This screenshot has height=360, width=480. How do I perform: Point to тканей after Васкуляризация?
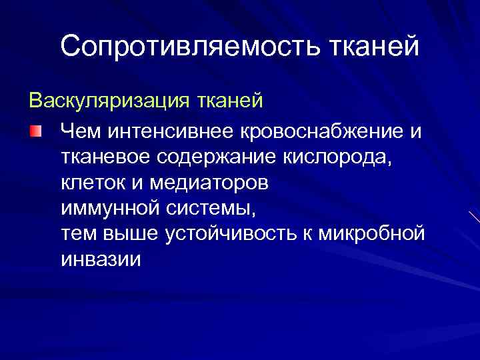[230, 102]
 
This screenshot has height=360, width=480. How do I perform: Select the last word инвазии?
[101, 259]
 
